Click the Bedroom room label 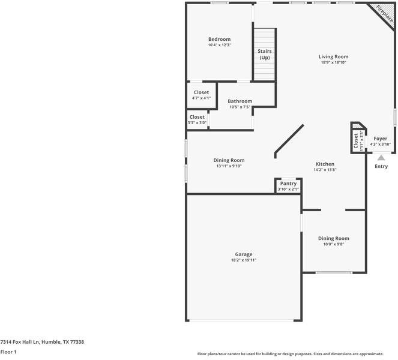[x=219, y=40]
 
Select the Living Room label [x=333, y=56]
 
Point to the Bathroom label [x=240, y=101]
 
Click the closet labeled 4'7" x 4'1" [x=201, y=92]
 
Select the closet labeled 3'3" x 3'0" [x=197, y=117]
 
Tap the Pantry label [x=288, y=184]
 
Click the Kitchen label [x=325, y=164]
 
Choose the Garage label [x=243, y=254]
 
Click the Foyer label [x=381, y=139]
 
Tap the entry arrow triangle [x=381, y=157]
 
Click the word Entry [x=381, y=166]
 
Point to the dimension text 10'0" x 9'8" [x=333, y=244]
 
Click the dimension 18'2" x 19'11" [x=243, y=260]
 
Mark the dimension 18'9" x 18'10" [x=333, y=62]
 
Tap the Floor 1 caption [x=8, y=352]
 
